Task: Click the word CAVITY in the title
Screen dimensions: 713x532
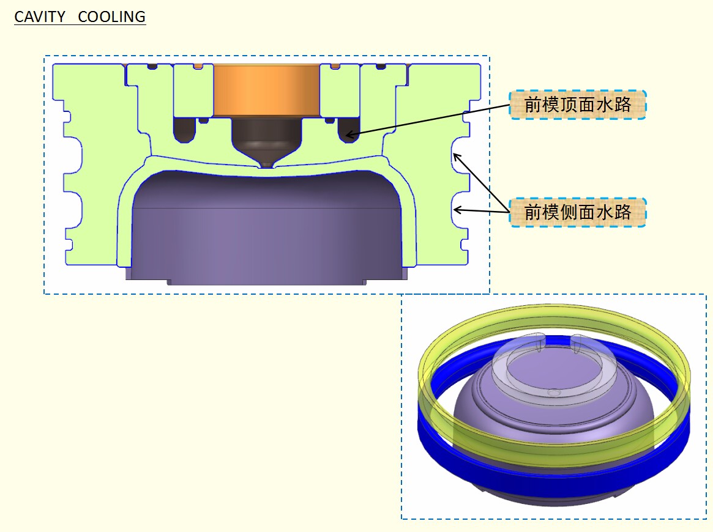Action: [x=40, y=17]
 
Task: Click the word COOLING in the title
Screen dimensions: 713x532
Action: [x=112, y=17]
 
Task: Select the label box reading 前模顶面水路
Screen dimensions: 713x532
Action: [x=578, y=105]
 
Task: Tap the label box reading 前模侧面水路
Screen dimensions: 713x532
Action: [x=578, y=212]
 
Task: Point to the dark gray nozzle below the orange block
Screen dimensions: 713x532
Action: [x=266, y=136]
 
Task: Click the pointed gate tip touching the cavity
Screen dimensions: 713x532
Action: [x=266, y=164]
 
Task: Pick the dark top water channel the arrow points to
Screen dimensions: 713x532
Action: [x=349, y=130]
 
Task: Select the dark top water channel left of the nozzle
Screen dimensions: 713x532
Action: [x=185, y=130]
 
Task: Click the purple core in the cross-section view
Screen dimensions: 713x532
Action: [x=267, y=227]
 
